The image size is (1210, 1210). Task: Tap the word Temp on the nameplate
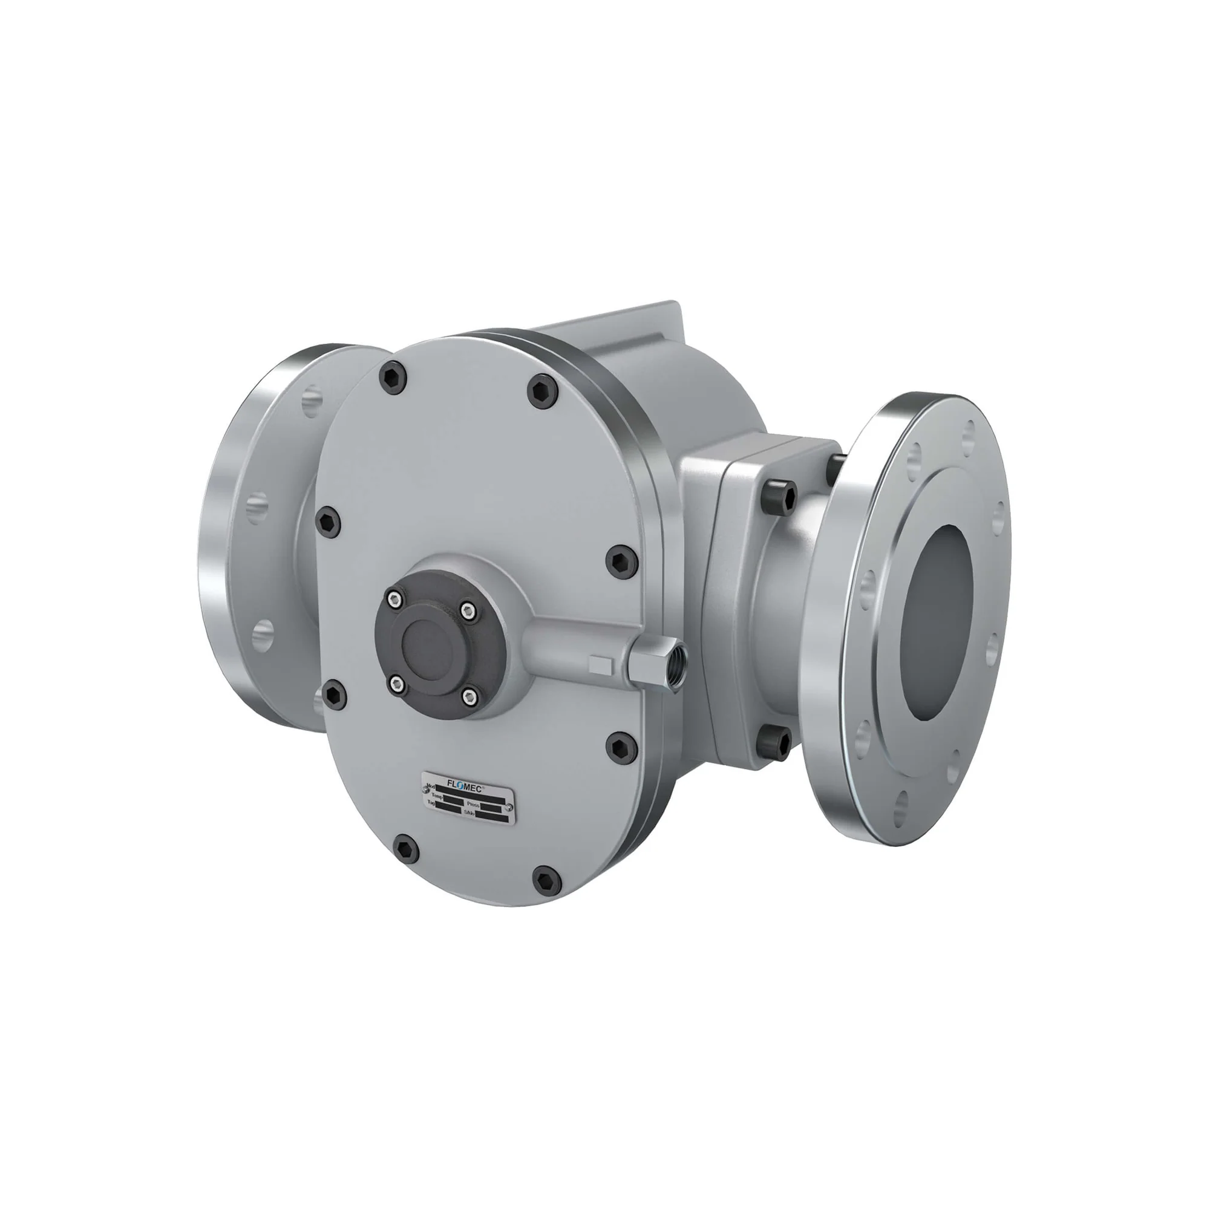click(437, 797)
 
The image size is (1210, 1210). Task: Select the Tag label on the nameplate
click(431, 802)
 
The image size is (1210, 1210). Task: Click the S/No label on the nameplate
click(468, 812)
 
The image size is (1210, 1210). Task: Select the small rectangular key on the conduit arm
click(601, 664)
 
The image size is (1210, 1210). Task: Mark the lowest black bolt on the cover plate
click(544, 878)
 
